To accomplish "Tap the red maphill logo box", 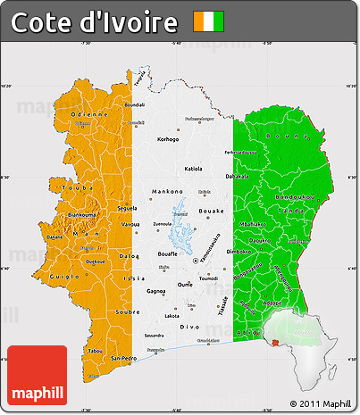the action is coord(37,373).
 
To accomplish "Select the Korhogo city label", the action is coord(167,139).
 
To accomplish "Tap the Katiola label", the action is coord(193,168).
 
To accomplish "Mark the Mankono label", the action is coord(167,191).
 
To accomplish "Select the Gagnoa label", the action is coord(156,291).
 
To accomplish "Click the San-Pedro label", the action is coord(124,358).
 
